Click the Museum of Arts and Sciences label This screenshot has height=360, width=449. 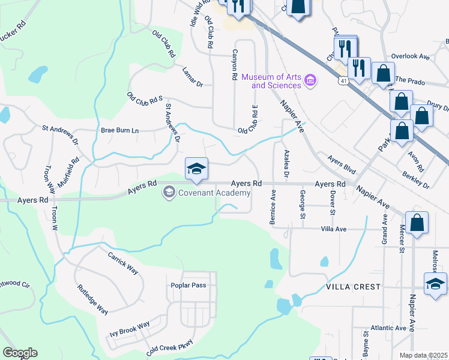click(x=271, y=81)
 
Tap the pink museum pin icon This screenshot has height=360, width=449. click(x=310, y=80)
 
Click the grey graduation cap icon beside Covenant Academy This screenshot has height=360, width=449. click(x=169, y=193)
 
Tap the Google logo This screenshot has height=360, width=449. click(x=20, y=353)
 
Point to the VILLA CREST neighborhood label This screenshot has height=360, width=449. click(x=354, y=287)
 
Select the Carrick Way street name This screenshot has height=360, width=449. click(x=122, y=263)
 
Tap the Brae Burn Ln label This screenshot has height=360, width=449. click(x=119, y=130)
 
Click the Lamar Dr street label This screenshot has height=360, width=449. click(x=193, y=76)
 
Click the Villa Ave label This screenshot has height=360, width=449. click(x=334, y=229)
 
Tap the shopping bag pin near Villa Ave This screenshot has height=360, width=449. click(x=417, y=223)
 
